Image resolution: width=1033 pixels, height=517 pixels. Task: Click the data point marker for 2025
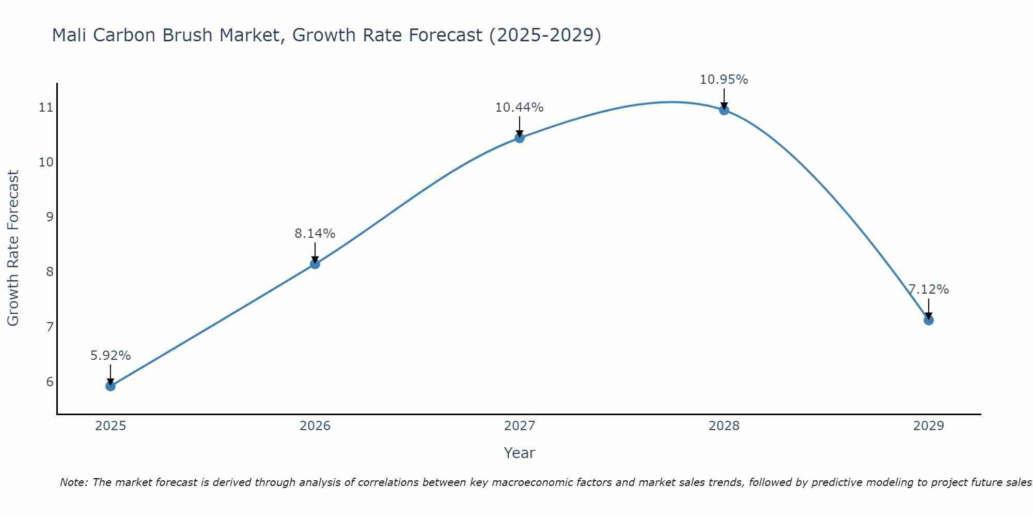pos(111,386)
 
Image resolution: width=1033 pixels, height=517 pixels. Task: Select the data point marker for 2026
pos(315,264)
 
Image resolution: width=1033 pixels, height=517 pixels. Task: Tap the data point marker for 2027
pos(520,138)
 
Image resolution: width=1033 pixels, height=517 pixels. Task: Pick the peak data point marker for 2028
pos(724,110)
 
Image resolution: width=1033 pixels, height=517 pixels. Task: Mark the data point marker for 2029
pos(929,320)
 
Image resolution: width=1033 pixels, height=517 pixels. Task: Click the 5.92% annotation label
pos(111,356)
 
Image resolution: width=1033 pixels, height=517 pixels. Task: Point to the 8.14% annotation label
pos(315,234)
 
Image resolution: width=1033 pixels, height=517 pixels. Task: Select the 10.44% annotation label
pos(520,108)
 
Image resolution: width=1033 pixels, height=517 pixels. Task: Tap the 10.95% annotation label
pos(724,80)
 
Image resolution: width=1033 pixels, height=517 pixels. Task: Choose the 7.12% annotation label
pos(929,290)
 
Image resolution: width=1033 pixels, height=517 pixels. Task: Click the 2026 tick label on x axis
pos(315,426)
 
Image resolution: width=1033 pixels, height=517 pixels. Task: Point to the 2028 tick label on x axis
pos(724,426)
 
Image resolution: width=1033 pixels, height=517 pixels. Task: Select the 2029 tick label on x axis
pos(929,426)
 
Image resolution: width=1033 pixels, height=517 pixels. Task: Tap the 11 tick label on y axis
pos(46,108)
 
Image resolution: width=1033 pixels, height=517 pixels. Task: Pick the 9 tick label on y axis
pos(50,217)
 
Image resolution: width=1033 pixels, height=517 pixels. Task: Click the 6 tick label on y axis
pos(50,382)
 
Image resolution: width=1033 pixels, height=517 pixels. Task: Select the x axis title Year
pos(520,453)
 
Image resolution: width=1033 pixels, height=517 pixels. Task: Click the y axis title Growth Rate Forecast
pos(13,248)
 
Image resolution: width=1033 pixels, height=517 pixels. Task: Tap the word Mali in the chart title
pos(70,35)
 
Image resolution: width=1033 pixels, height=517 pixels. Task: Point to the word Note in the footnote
pos(73,482)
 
